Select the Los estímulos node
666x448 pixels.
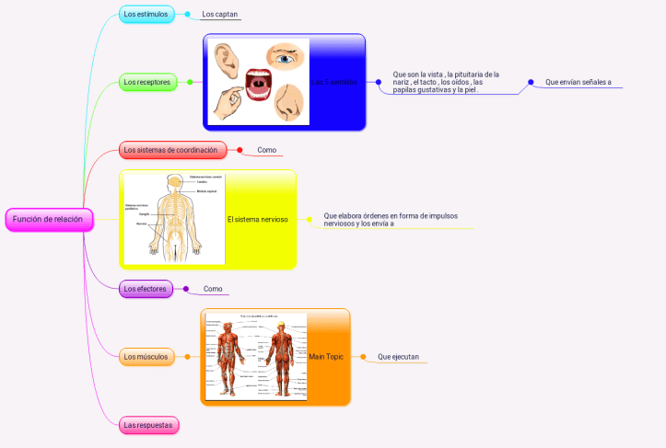tap(147, 14)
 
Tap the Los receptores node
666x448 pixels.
tap(147, 82)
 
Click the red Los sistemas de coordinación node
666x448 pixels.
tap(171, 150)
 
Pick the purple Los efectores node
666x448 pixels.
tap(146, 289)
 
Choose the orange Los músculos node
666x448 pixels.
tap(147, 356)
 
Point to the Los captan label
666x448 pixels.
tap(220, 15)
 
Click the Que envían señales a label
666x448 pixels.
tap(578, 82)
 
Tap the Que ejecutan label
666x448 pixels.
tap(398, 356)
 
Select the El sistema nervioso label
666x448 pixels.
tap(257, 220)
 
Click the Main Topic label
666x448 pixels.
tap(326, 356)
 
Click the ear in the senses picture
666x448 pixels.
tap(226, 59)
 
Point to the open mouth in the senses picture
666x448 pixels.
tap(257, 82)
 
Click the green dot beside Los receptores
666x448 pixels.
tap(190, 82)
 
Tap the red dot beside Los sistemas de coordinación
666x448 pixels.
tap(240, 150)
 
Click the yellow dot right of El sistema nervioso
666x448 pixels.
tap(310, 220)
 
